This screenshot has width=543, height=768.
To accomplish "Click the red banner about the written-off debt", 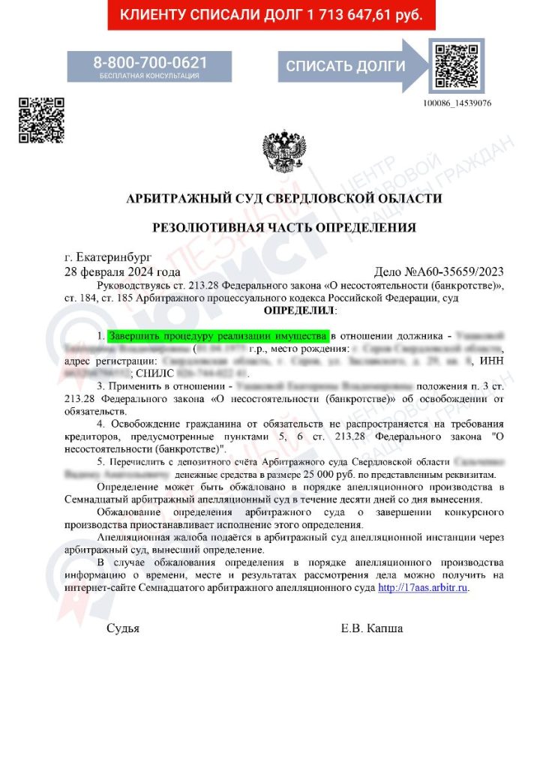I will [x=271, y=15].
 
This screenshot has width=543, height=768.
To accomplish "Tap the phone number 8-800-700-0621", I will [x=150, y=62].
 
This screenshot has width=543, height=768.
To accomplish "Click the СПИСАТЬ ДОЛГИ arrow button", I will [x=346, y=66].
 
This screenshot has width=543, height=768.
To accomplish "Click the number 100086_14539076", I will [x=457, y=103].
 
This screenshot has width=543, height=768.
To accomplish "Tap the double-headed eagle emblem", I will [x=284, y=152].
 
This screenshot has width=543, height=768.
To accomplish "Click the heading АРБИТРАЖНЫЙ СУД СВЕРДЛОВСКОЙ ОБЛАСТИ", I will [x=284, y=199].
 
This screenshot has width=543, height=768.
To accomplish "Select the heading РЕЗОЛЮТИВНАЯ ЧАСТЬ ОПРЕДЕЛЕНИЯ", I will [x=284, y=227].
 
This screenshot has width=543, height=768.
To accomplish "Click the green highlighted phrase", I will [x=218, y=335].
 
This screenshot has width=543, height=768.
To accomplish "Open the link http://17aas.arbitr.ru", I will [x=424, y=588].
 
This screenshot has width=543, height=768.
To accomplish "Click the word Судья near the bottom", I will [x=123, y=628].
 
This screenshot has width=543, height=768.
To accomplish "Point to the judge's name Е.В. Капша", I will [x=371, y=628].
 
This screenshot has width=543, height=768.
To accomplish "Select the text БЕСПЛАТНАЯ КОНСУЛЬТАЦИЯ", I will [x=150, y=76].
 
